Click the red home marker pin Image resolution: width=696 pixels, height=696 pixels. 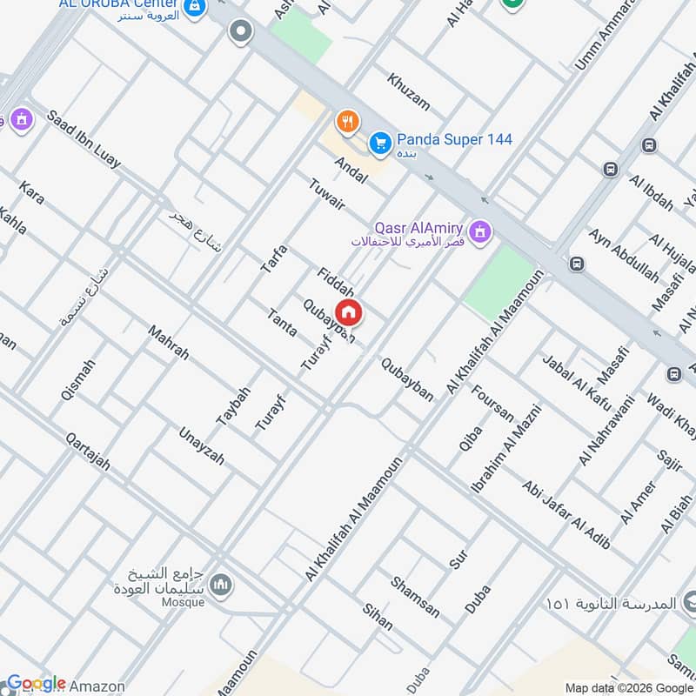[x=349, y=312]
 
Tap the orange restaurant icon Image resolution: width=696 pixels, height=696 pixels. [x=348, y=121]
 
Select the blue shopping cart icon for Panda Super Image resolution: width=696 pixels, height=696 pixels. [x=379, y=141]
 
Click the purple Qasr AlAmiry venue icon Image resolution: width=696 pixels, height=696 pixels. [x=478, y=231]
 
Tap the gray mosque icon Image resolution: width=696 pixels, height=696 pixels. [x=222, y=583]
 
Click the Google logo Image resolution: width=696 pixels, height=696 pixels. [x=36, y=683]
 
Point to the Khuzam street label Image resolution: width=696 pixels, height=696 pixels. [x=408, y=90]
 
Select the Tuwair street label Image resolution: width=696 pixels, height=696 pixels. [x=327, y=192]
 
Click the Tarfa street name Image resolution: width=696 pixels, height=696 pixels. [x=273, y=260]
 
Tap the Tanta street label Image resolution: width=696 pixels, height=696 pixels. [x=283, y=323]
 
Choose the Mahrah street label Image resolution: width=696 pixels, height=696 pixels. [x=168, y=343]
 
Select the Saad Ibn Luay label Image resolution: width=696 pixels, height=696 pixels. [x=84, y=138]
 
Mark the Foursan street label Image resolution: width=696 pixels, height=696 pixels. [x=492, y=400]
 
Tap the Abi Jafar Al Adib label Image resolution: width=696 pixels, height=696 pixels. [x=565, y=515]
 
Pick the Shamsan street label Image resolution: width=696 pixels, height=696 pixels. [x=415, y=597]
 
